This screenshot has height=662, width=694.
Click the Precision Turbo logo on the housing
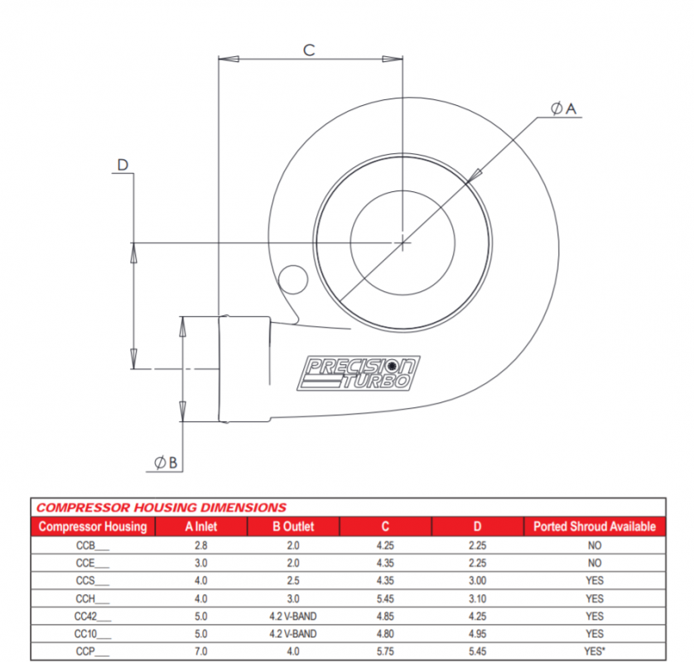tap(359, 373)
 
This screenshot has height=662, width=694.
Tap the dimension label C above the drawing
tap(309, 50)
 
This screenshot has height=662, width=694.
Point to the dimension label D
tap(123, 165)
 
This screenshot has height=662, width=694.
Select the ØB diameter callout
tap(165, 463)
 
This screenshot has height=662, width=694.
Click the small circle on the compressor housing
tap(292, 277)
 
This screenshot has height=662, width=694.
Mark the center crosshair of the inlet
tap(402, 242)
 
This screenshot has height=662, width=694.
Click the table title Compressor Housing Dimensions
tap(161, 507)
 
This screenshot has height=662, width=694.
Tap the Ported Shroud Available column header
tap(594, 526)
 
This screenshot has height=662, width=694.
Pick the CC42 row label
tap(92, 616)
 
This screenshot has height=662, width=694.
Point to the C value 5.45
tap(385, 598)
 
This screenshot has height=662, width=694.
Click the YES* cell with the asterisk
tap(594, 651)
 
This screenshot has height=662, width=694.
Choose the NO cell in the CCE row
tap(594, 563)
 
